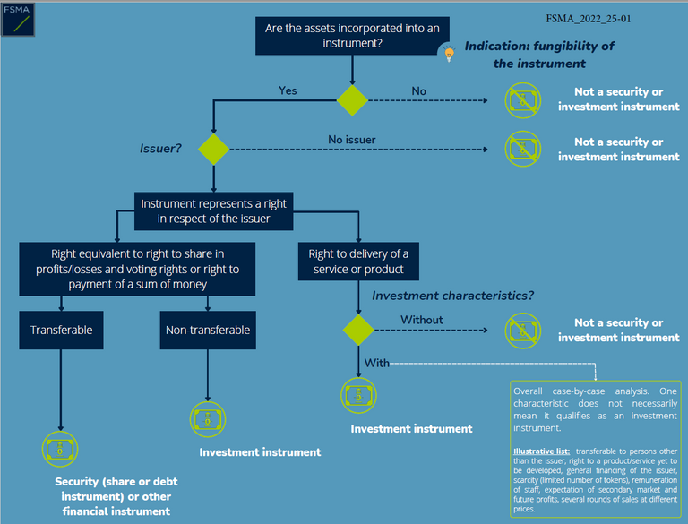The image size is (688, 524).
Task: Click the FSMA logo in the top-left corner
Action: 18,20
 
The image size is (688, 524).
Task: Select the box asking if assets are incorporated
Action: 352,35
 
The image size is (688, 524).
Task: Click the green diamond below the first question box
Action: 352,99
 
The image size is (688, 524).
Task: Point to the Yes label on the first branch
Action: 288,90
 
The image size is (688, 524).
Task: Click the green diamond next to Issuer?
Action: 213,149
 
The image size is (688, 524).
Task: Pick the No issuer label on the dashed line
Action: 352,140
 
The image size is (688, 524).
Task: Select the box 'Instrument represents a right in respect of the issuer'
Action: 213,211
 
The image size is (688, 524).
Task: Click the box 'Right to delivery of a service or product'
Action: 358,262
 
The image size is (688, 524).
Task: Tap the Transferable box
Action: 61,330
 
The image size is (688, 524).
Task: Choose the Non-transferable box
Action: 208,330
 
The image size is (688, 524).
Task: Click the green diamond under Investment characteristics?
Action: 358,330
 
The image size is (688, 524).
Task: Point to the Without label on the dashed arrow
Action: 421,320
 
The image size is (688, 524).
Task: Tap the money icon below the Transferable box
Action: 61,449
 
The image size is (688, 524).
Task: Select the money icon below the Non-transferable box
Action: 208,419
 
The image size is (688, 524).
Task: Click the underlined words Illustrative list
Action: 541,451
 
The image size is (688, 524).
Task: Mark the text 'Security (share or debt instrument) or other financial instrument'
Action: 113,496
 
